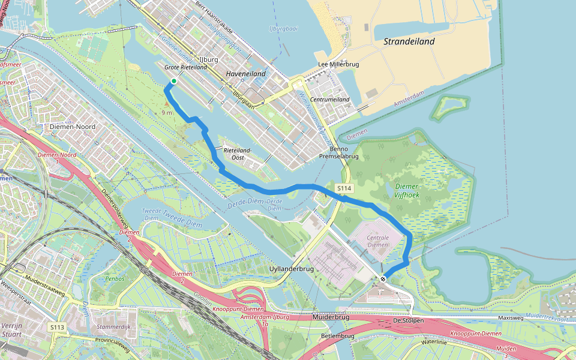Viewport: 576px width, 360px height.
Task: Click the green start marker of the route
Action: (x=173, y=81)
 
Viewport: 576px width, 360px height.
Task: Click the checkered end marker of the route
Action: (x=382, y=278)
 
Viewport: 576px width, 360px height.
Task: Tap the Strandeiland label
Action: (x=409, y=42)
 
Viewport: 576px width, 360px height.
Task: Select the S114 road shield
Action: (x=343, y=188)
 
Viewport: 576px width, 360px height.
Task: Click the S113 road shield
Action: (x=58, y=327)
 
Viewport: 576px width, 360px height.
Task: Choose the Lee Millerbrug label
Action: (x=338, y=65)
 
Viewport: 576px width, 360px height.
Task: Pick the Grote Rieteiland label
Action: (x=186, y=68)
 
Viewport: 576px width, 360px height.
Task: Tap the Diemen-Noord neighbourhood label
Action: (x=71, y=127)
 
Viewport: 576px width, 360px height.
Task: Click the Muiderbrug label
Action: (x=331, y=316)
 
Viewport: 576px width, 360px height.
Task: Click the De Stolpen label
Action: (x=409, y=320)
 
